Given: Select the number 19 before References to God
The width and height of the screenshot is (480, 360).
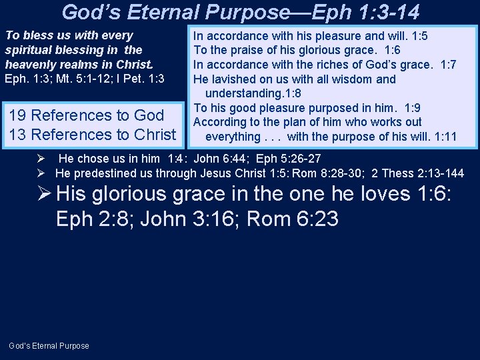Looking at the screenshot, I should tap(18, 115).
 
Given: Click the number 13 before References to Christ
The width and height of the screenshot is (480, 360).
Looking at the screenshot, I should tap(18, 135).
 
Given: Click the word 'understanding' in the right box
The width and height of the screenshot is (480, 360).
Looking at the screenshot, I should tap(243, 93).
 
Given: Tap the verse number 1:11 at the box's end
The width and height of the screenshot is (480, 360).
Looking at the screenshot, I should tap(445, 137).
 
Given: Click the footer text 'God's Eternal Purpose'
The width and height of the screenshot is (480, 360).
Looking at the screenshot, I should tap(49, 345).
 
